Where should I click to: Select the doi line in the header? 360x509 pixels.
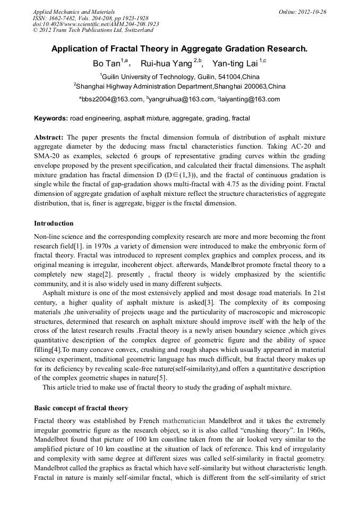pyautogui.click(x=96, y=24)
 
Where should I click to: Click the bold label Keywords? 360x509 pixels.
pyautogui.click(x=51, y=118)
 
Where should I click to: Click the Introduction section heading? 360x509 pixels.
pyautogui.click(x=54, y=223)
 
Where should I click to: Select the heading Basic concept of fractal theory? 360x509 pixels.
pyautogui.click(x=81, y=408)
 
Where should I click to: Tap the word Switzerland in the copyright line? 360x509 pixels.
pyautogui.click(x=135, y=31)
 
